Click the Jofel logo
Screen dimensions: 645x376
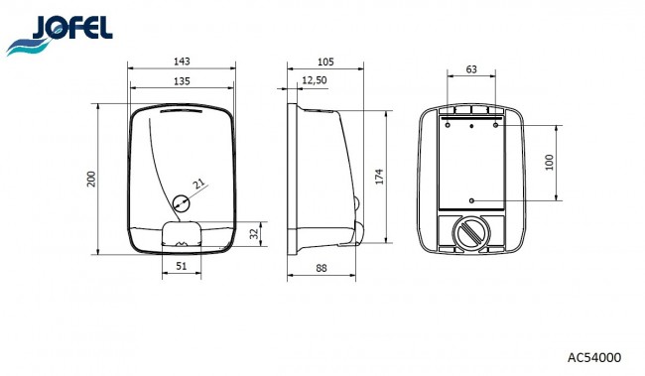click(x=60, y=35)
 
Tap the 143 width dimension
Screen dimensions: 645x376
click(x=182, y=62)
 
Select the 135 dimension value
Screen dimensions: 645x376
click(x=182, y=81)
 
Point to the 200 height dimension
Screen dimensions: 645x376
click(x=91, y=179)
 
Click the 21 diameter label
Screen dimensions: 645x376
click(x=199, y=184)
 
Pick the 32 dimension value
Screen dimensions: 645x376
click(x=255, y=233)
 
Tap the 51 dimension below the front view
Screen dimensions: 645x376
click(x=182, y=266)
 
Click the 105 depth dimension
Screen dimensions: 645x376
click(x=325, y=63)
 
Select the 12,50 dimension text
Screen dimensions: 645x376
click(x=315, y=79)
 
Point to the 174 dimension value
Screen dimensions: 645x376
click(x=379, y=177)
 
